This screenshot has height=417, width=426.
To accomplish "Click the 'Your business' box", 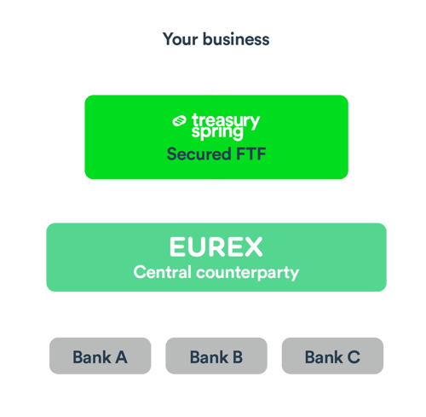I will click(x=216, y=38).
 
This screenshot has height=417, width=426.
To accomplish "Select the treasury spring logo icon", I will click(x=179, y=121).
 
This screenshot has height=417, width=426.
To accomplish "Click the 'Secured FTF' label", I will click(x=216, y=154).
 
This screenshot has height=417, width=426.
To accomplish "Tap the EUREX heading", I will click(x=216, y=248).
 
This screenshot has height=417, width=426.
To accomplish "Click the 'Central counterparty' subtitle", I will click(x=216, y=273).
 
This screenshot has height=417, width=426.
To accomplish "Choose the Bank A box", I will click(x=100, y=356).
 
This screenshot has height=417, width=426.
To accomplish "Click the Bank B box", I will click(x=216, y=356).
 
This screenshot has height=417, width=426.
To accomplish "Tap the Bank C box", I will click(x=332, y=356).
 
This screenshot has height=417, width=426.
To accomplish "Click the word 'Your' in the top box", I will click(x=179, y=39).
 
